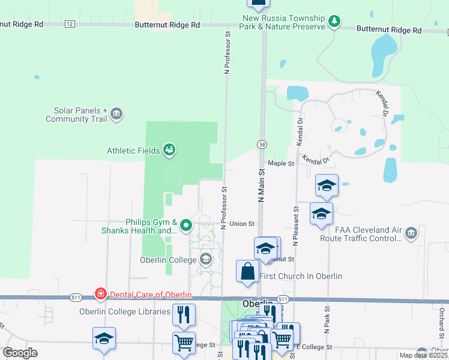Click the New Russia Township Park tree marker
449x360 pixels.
coord(334,22)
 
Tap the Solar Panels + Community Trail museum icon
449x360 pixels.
coord(117,113)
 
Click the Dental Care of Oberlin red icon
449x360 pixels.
coord(101,294)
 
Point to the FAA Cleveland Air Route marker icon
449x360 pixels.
coord(411,233)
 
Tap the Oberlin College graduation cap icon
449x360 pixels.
coord(206,259)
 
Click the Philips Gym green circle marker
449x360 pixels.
coord(186,226)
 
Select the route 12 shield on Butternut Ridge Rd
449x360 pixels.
coord(70,24)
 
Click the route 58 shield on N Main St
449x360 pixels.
coord(262,145)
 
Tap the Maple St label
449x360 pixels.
coord(281,163)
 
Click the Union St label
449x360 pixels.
coord(242,224)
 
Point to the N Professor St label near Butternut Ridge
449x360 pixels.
coord(228,53)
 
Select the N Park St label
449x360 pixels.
coord(328,324)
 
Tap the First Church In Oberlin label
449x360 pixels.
coord(301,276)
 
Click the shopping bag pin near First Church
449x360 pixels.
coord(248,272)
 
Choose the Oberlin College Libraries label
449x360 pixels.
coord(125,311)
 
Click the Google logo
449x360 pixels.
coord(20,353)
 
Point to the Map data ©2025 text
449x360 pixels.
coord(423,355)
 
